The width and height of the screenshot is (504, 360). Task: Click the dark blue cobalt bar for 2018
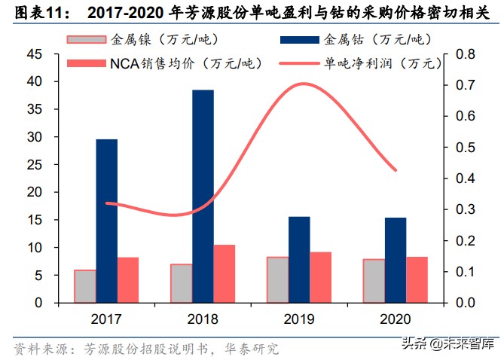coord(203,196)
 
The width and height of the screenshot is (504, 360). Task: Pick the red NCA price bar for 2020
coord(417,279)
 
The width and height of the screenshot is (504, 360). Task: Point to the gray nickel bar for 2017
coord(84,285)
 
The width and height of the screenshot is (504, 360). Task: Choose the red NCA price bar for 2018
coord(225,273)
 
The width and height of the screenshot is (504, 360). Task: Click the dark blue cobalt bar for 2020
coord(396,260)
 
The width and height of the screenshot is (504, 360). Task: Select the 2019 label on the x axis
coord(299,317)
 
